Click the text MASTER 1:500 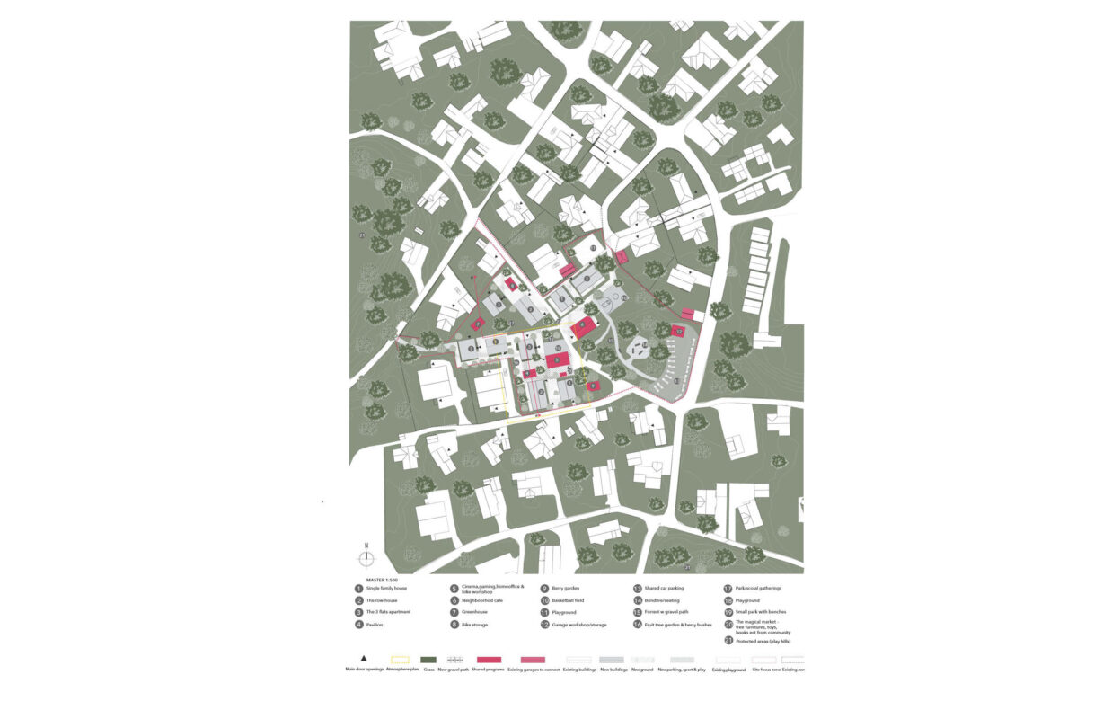coord(375,580)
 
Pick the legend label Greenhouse coord(476,612)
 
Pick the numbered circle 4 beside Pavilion coord(359,624)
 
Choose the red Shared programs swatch coord(489,659)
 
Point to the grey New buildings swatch coord(611,659)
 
